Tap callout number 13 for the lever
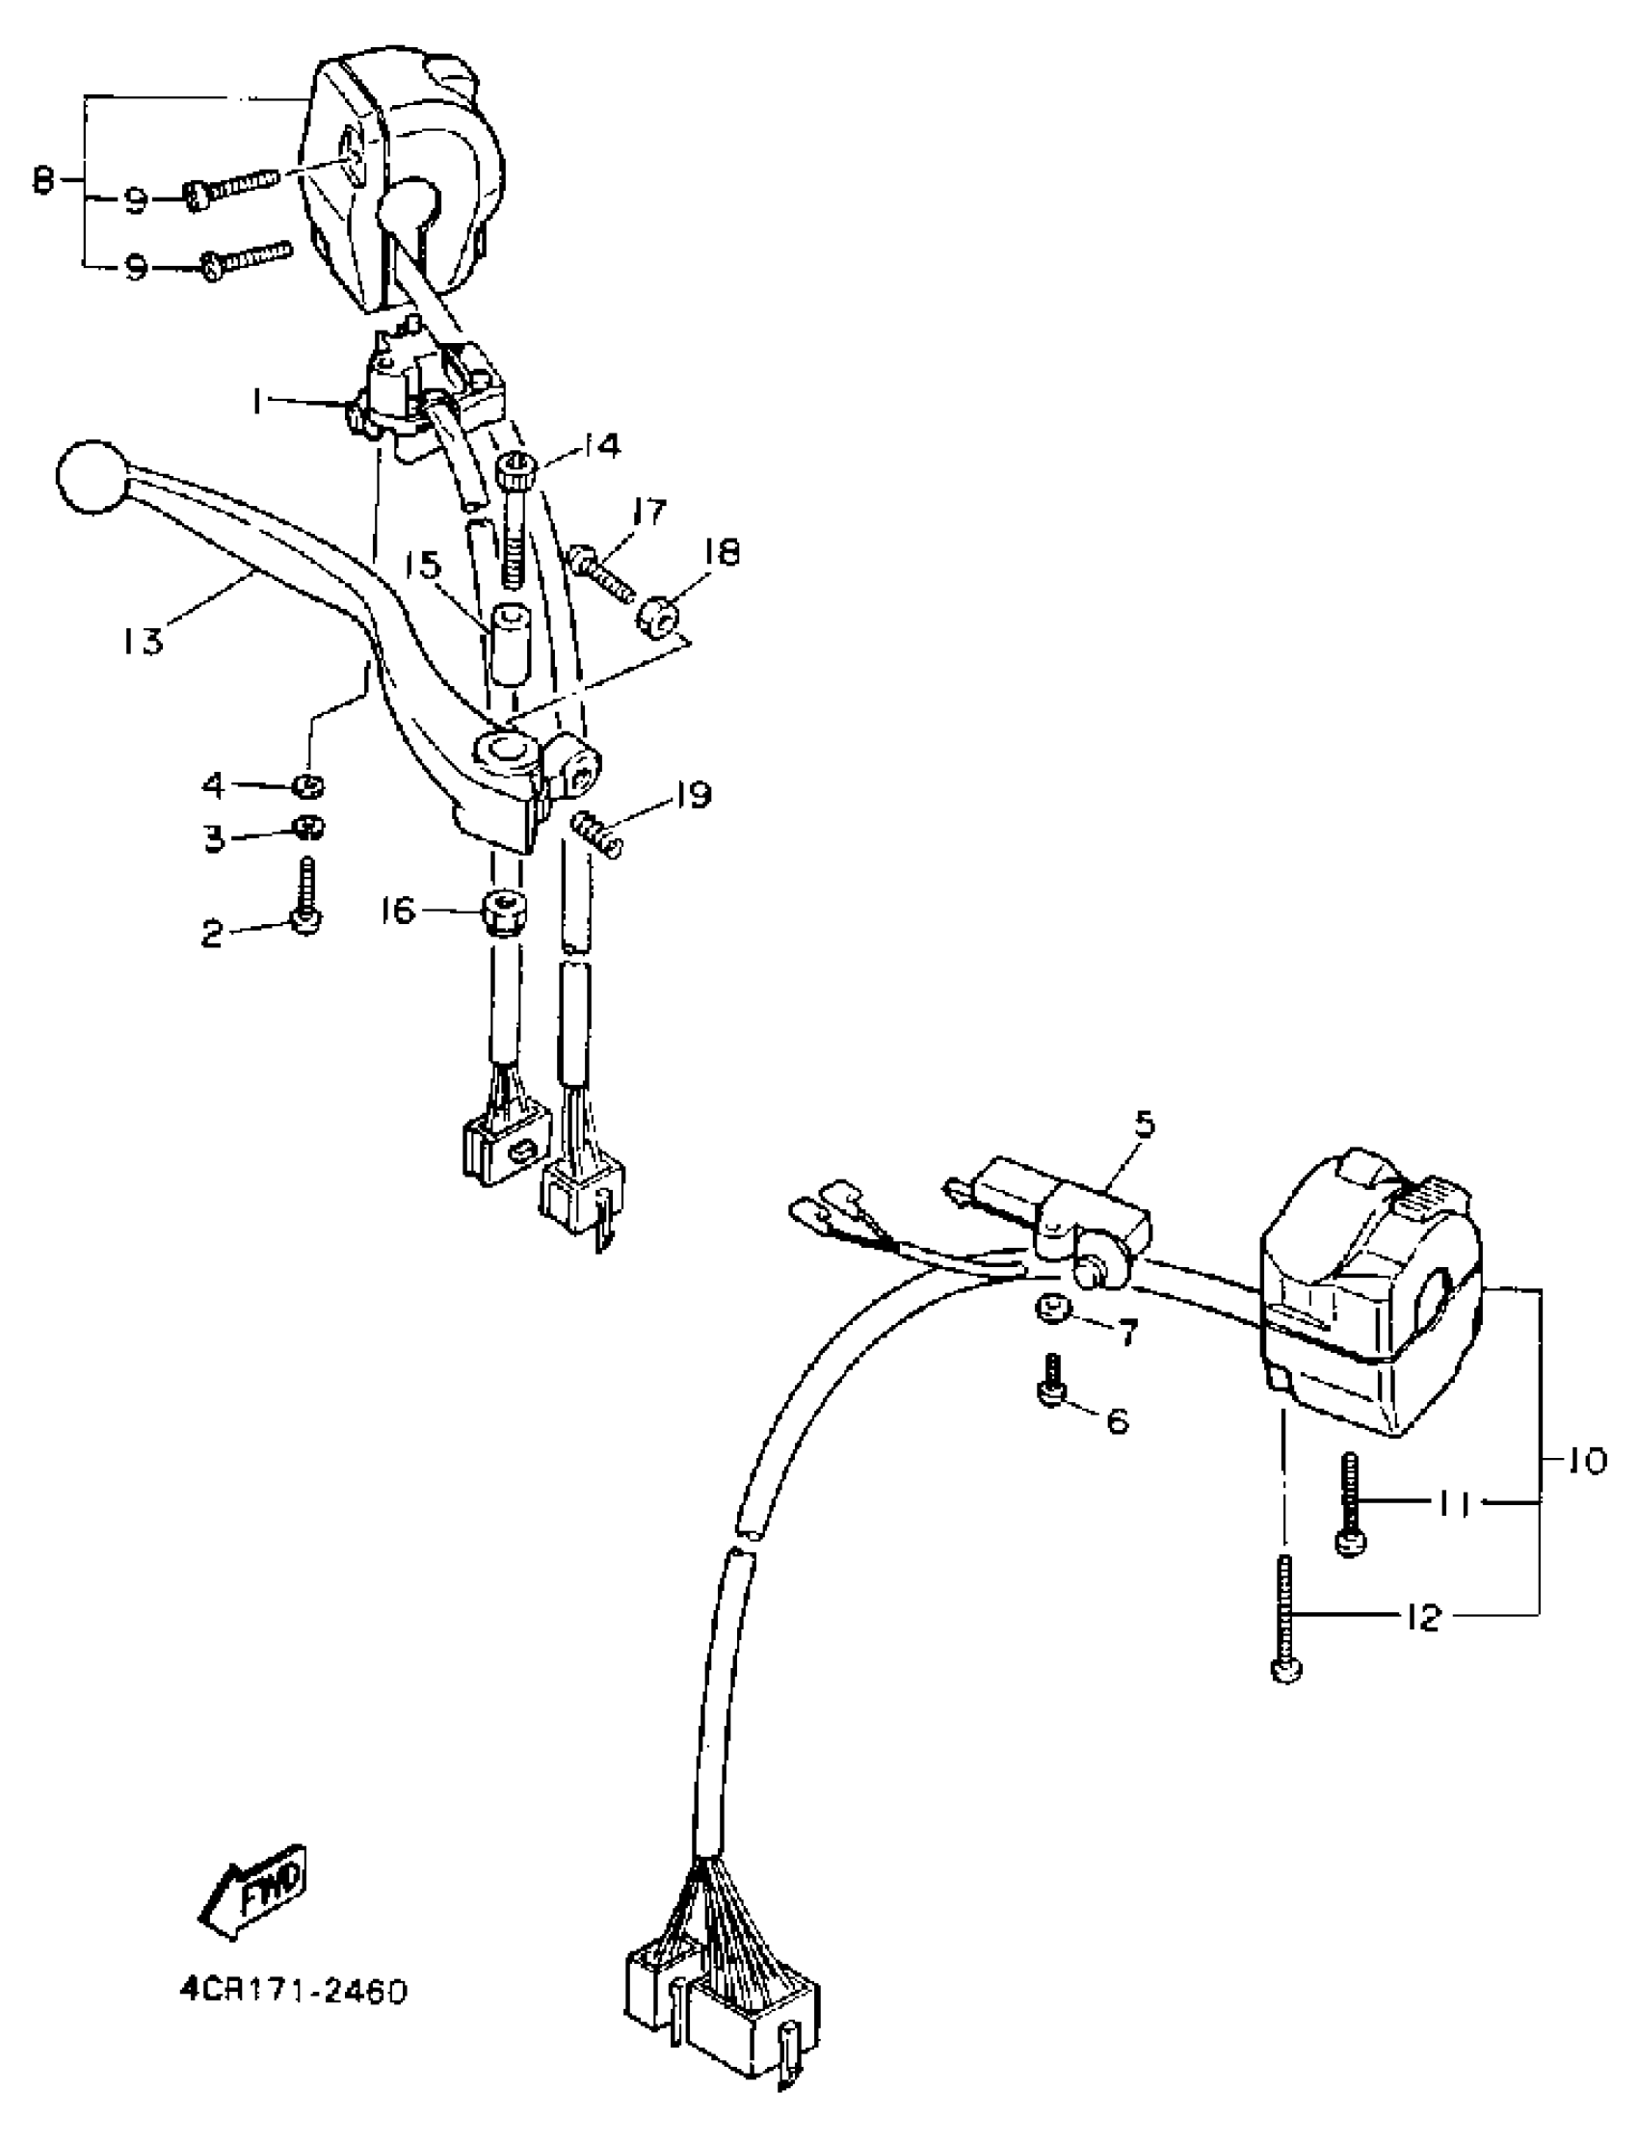tap(144, 641)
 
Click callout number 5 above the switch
tap(1144, 1125)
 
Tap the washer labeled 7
tap(1051, 1309)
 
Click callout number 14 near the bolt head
tap(602, 447)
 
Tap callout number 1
tap(257, 401)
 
